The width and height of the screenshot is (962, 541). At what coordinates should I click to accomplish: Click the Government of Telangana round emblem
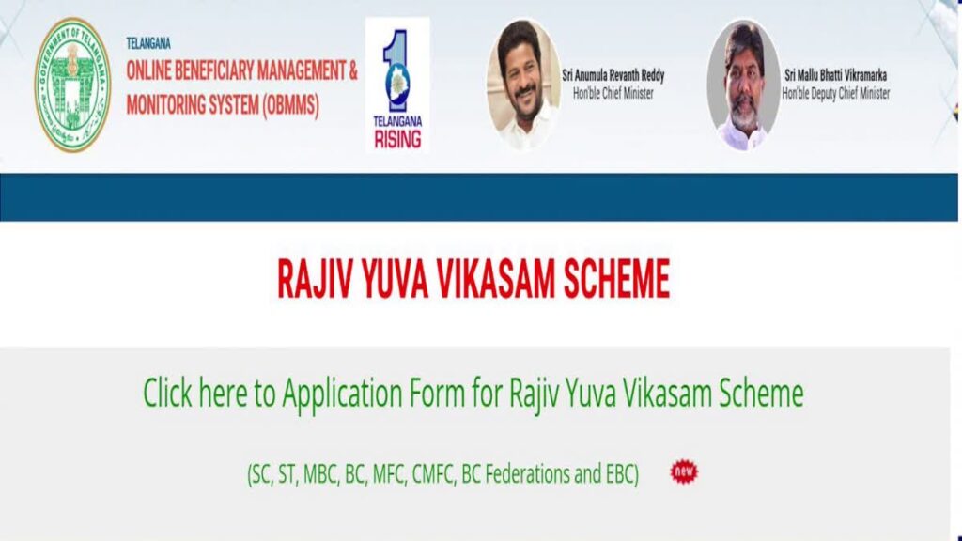pos(72,85)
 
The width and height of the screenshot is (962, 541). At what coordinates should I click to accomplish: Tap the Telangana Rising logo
pos(396,85)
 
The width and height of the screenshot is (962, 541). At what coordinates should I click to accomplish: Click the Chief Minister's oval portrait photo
pos(523,85)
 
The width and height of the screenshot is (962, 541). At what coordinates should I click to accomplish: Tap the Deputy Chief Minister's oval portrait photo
pos(743,85)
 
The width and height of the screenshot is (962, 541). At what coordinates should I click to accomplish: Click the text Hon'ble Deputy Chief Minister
pos(835,93)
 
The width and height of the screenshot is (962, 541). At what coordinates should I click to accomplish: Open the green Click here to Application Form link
pos(473,393)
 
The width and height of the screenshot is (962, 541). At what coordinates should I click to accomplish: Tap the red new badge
pos(684,471)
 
